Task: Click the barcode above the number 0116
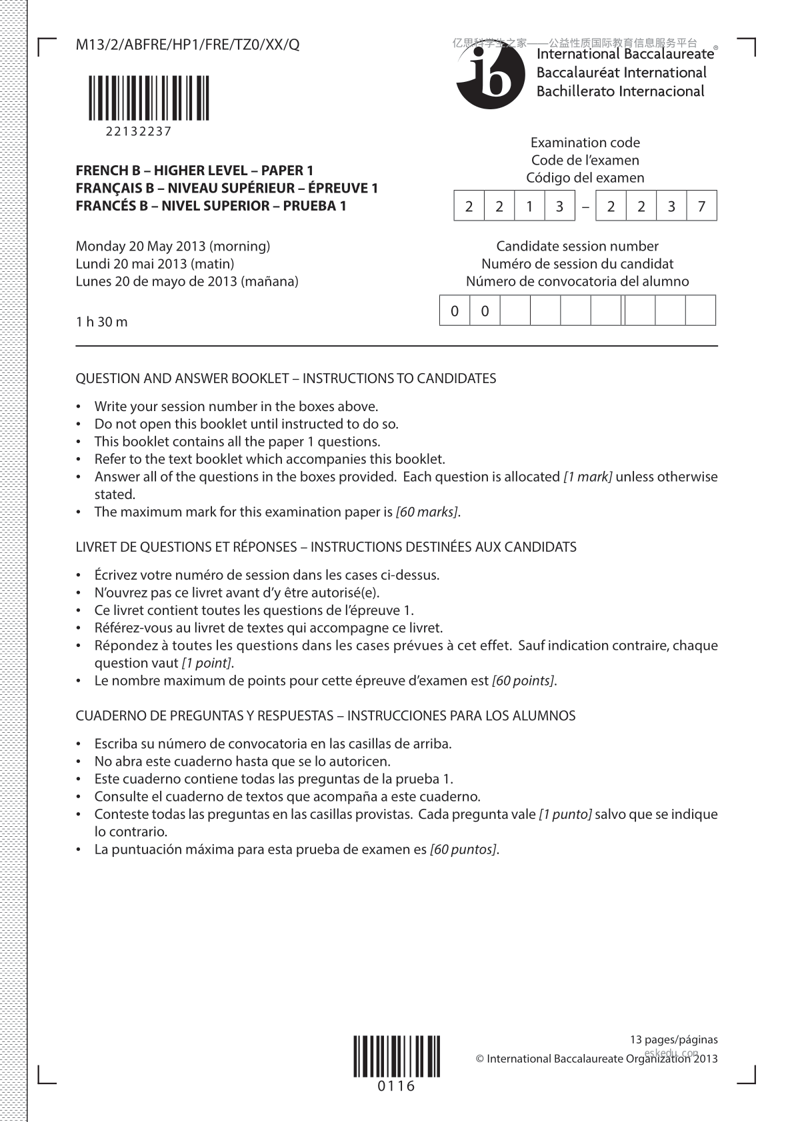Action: [x=397, y=1056]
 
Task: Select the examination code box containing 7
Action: [x=701, y=207]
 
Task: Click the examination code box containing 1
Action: [x=529, y=207]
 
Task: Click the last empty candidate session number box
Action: [x=701, y=311]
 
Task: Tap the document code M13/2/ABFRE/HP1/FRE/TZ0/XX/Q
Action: [x=187, y=45]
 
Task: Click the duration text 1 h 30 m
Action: [x=101, y=322]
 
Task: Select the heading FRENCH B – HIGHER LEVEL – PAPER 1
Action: [x=194, y=171]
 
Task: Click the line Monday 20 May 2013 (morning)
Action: [x=173, y=246]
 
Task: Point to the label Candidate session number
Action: [x=577, y=246]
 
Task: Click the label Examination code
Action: [x=585, y=143]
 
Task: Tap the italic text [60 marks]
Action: [x=427, y=512]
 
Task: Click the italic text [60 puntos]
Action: [x=463, y=849]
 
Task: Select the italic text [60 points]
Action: [x=523, y=681]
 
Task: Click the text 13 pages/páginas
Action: [x=673, y=1039]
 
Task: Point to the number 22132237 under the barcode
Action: [x=139, y=131]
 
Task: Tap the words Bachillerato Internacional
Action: [x=620, y=91]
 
